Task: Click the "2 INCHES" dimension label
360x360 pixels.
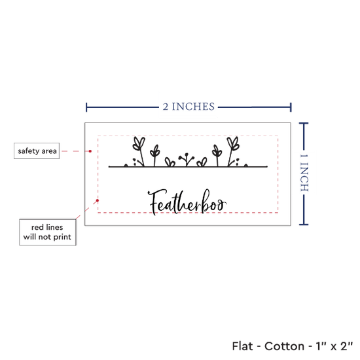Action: (x=189, y=107)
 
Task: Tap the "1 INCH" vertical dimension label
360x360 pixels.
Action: (x=304, y=172)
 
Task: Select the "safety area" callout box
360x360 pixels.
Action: (x=37, y=151)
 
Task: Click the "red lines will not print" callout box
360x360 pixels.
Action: (x=48, y=232)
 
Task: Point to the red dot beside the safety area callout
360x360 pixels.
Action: (x=90, y=151)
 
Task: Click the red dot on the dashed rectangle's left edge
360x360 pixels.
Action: (x=98, y=201)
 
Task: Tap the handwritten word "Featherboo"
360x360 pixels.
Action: (x=187, y=202)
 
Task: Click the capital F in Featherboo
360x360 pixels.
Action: (x=156, y=202)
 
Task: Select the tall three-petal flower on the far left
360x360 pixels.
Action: (x=139, y=151)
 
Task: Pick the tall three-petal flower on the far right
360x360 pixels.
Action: (x=232, y=151)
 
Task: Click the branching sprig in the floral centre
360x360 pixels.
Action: (x=187, y=159)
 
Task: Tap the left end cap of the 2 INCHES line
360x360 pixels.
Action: (x=86, y=107)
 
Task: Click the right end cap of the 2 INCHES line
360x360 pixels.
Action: (x=291, y=107)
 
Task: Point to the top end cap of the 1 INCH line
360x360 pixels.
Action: (x=304, y=124)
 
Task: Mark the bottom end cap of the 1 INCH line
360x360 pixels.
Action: (x=304, y=225)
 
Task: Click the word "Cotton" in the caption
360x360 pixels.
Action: (x=284, y=346)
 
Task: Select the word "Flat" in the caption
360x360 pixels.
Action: (x=242, y=346)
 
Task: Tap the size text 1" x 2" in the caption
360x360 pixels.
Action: (x=334, y=346)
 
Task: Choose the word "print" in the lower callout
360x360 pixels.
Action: (x=62, y=237)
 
